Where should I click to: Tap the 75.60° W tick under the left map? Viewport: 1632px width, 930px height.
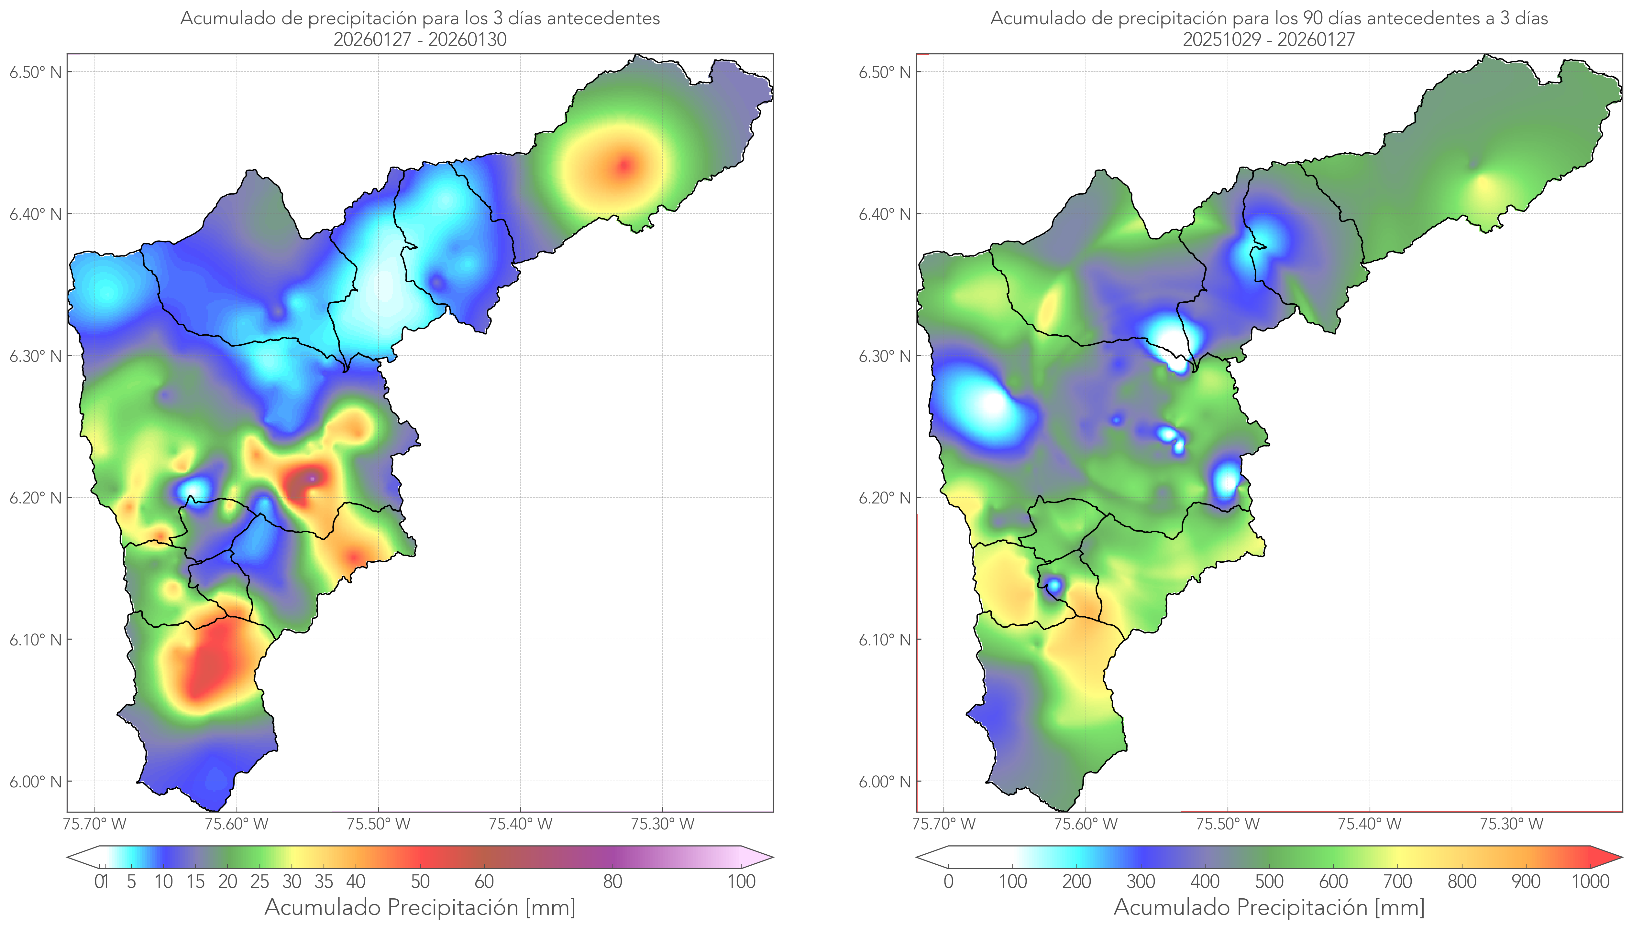(x=237, y=824)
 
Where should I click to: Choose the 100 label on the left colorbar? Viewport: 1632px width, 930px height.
(x=741, y=881)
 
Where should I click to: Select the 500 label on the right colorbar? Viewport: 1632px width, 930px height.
(x=1269, y=881)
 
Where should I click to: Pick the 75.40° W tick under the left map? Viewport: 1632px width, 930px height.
(x=520, y=824)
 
